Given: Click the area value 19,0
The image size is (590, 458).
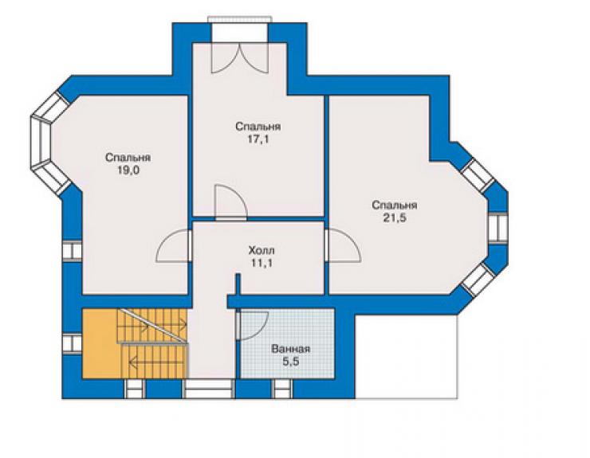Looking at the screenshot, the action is point(128,170).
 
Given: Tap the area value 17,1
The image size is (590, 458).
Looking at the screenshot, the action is point(258,139).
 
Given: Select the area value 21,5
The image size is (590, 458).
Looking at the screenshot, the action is point(395,218).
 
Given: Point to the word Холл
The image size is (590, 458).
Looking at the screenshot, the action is point(262,250).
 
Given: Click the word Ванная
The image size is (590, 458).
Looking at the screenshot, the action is point(291,349).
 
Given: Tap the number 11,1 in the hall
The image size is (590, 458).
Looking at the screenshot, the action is point(262,263).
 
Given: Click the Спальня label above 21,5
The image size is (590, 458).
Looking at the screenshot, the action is point(395,206).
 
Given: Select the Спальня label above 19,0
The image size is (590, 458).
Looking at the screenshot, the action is point(128,158).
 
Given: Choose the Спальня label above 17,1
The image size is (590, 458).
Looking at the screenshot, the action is point(258,127).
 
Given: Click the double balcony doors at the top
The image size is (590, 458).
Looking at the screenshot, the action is point(240,57).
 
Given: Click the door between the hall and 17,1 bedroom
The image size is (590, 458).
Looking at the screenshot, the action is point(230,202).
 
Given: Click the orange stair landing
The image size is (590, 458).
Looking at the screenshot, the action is point(100,343).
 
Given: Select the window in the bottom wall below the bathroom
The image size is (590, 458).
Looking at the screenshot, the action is point(282,389).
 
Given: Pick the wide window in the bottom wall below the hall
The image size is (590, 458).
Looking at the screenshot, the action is point(208,389).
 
